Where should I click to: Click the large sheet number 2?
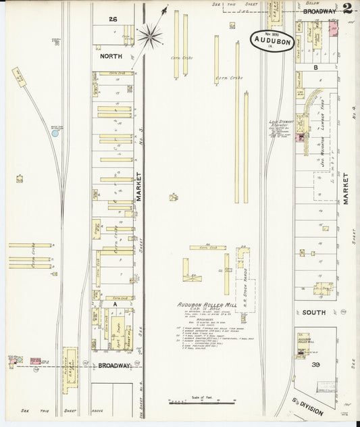point(347,9)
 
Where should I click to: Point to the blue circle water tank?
point(55,133)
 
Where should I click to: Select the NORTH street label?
point(110,56)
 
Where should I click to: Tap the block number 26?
point(113,20)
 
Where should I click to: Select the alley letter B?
point(315,68)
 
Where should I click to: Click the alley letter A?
point(115,304)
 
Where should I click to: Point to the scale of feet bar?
point(197,402)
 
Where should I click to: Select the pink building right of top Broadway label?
point(333,28)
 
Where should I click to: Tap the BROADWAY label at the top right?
point(319,11)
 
